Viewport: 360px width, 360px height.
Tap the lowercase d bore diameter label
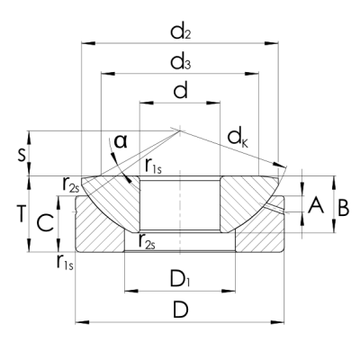coord(180,91)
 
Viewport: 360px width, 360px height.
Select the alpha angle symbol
coord(120,141)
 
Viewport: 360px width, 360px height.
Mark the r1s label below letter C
coord(66,262)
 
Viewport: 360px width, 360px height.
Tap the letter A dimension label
coord(315,206)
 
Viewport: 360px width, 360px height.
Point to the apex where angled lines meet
coord(181,127)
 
